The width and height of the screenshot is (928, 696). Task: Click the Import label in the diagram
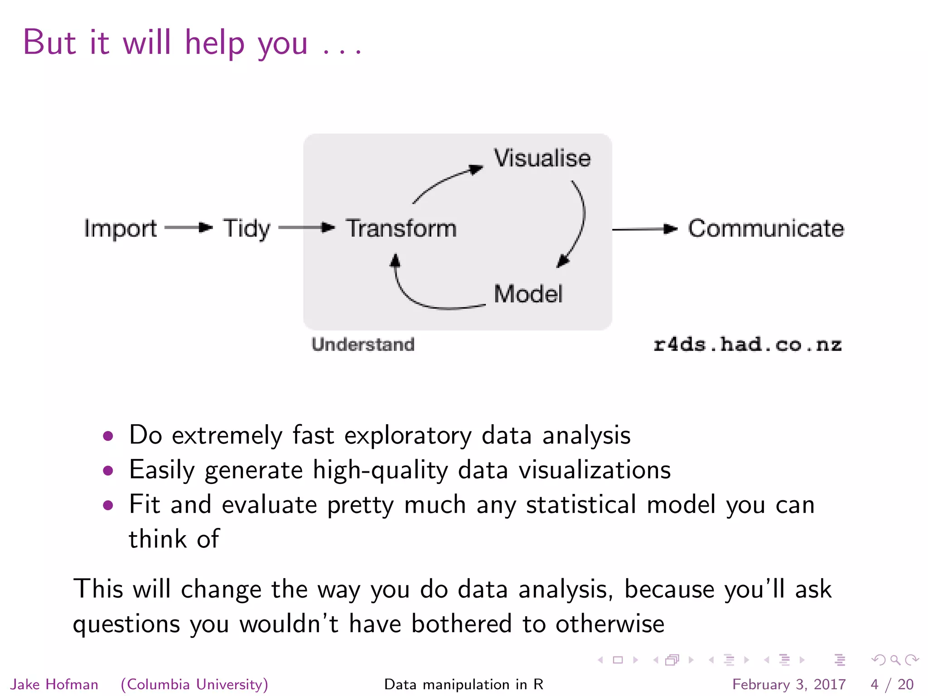point(120,228)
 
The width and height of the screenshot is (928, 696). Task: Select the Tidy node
point(246,228)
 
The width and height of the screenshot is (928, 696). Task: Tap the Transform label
point(401,228)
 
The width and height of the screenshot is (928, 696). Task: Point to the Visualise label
point(542,159)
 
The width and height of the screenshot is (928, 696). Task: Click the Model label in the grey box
point(528,294)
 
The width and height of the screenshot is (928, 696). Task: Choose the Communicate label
point(766,228)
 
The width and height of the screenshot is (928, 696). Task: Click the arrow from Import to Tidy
point(188,227)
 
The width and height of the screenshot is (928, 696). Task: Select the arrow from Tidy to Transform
point(306,227)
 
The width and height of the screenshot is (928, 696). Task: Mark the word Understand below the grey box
point(363,344)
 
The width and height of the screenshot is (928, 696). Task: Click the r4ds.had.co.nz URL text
point(747,345)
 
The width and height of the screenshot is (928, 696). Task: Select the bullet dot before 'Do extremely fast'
point(108,436)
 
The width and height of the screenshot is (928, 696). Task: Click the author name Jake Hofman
point(54,684)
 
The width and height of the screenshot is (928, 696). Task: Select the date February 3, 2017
point(788,684)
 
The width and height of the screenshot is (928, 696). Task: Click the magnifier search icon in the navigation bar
point(894,660)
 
